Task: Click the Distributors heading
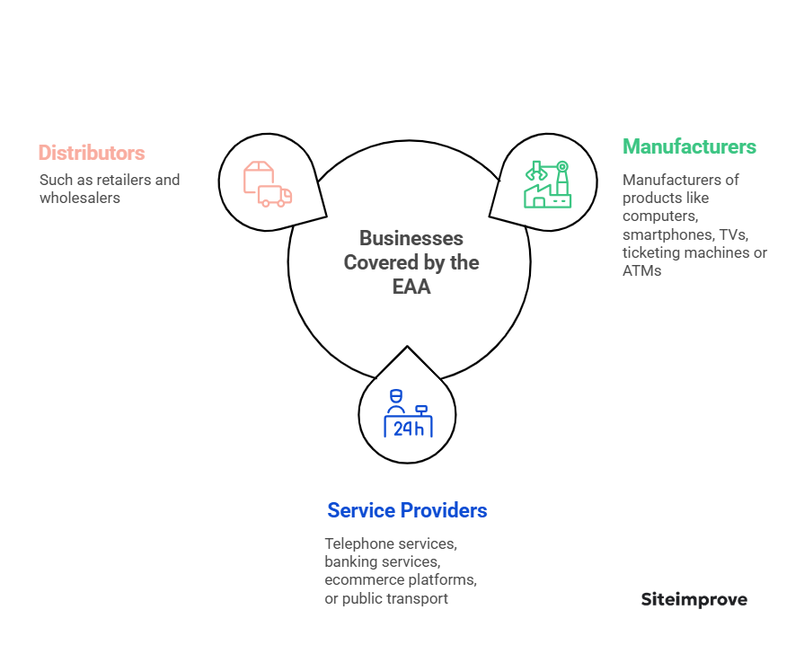coord(91,153)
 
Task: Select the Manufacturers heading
coord(689,146)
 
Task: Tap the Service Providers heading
coord(407,510)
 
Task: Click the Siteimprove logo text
coord(694,599)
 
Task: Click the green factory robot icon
coord(547,184)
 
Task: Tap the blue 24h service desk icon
coord(408,414)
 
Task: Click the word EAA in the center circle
coord(411,287)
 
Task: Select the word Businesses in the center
coord(411,238)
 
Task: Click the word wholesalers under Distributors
coord(79,198)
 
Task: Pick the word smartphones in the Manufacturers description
coord(664,234)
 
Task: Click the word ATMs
coord(641,270)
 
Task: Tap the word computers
coord(659,216)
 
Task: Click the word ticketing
coord(650,252)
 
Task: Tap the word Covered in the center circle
coord(376,262)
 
